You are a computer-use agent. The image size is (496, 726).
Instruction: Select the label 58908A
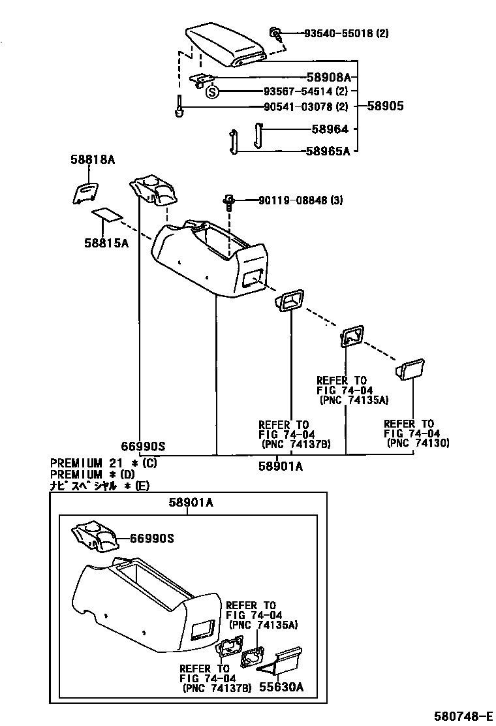click(328, 77)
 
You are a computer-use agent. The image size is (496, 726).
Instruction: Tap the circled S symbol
click(212, 92)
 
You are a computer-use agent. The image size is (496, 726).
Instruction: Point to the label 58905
click(385, 106)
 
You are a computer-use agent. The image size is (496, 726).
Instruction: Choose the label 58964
click(330, 130)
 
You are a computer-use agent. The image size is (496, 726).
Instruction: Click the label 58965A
click(328, 151)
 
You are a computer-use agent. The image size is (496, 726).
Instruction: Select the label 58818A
click(93, 159)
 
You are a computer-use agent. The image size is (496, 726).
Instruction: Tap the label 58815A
click(106, 243)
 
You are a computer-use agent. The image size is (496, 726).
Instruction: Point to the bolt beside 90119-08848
click(229, 201)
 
